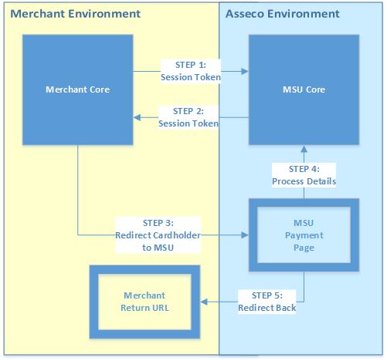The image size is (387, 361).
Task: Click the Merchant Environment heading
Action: click(76, 14)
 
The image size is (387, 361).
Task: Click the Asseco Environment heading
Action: click(283, 14)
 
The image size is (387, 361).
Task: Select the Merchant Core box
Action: click(78, 89)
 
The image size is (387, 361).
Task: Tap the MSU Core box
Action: click(304, 89)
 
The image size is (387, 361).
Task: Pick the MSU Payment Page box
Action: click(304, 203)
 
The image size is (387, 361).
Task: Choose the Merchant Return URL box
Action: click(144, 270)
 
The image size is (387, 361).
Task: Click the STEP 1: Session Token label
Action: click(191, 71)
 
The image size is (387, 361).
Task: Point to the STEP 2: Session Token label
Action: click(188, 117)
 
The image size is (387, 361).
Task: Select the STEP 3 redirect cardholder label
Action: click(158, 235)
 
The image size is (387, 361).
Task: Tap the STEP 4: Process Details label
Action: click(304, 175)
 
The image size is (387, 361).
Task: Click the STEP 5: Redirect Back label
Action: click(267, 302)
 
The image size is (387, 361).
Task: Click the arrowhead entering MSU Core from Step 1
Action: click(245, 71)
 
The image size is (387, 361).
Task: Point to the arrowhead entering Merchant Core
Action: click(137, 117)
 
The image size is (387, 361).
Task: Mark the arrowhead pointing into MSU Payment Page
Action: click(245, 234)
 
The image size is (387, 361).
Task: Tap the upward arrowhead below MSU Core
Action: click(304, 150)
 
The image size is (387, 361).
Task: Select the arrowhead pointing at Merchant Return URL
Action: click(204, 302)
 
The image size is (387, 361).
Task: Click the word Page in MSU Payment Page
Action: click(304, 248)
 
